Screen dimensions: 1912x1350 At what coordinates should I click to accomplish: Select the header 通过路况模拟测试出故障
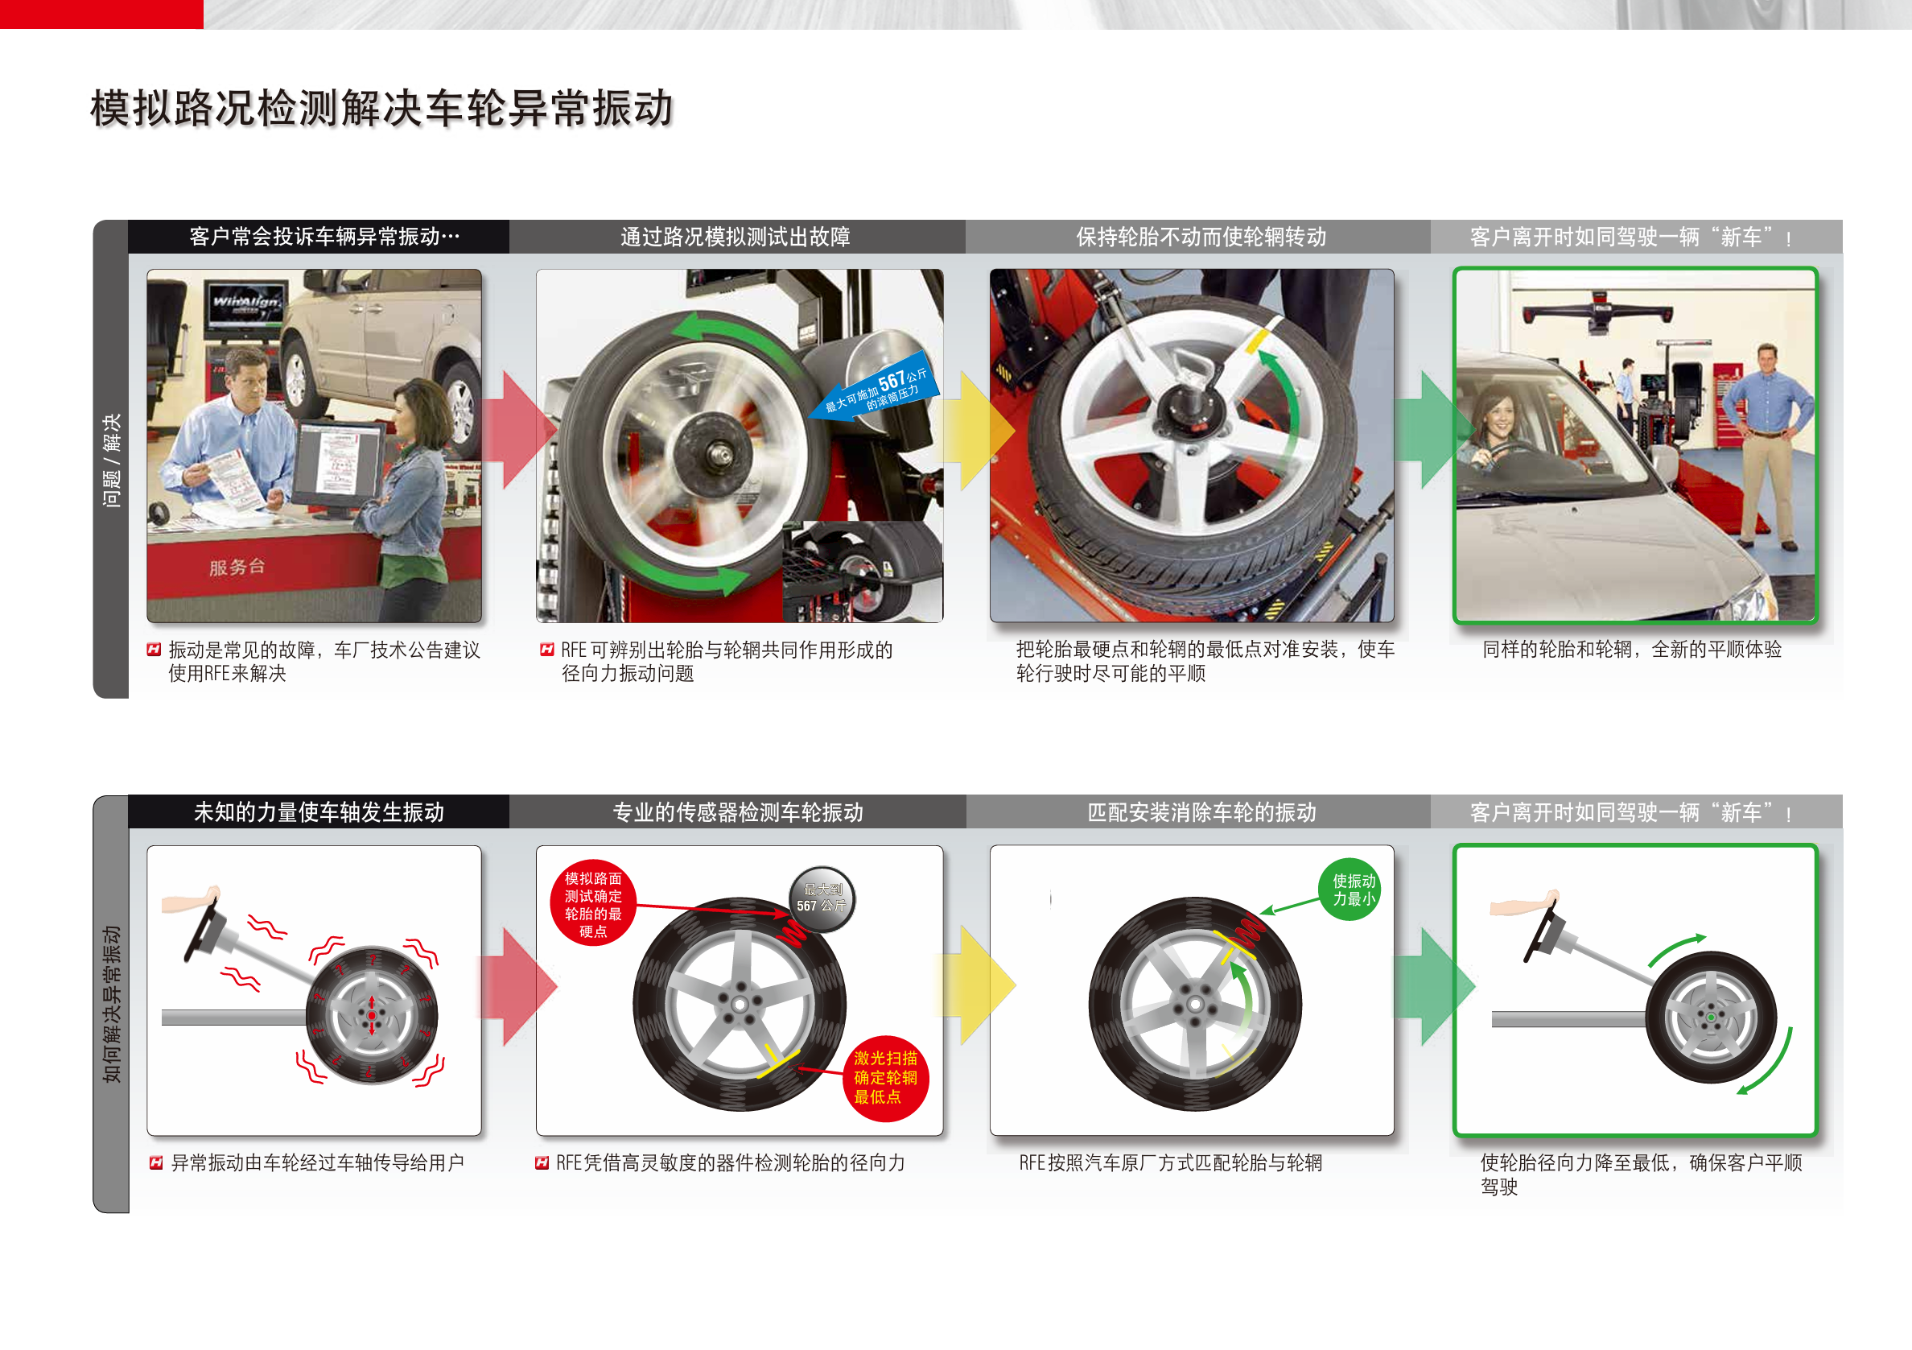736,237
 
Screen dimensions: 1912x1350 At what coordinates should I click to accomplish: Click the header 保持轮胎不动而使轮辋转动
1201,237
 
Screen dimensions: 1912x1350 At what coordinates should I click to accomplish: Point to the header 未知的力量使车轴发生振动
319,812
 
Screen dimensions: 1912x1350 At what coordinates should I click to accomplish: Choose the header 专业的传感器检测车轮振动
738,812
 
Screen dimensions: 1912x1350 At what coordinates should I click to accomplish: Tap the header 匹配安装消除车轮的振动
1201,812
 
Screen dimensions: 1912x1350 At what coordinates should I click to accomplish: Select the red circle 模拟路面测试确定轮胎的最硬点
593,903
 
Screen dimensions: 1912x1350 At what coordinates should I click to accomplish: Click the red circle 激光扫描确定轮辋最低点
885,1078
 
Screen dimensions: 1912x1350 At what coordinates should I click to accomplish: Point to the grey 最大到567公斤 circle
821,898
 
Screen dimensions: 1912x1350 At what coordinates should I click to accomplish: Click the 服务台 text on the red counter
237,568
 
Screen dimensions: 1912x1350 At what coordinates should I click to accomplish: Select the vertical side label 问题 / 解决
111,460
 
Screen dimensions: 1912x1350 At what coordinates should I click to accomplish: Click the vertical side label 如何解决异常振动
111,1004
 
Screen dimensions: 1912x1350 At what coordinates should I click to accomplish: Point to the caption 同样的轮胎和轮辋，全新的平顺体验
1631,650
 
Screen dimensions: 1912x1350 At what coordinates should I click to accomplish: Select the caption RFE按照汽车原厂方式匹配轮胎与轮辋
1170,1163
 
